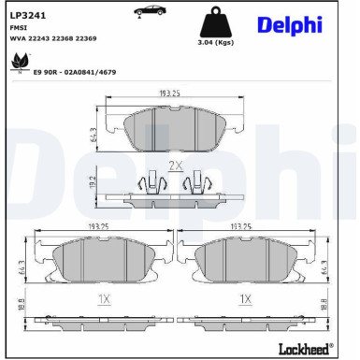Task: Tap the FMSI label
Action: click(17, 29)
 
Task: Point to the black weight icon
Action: click(216, 23)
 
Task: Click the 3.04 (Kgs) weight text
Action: click(216, 43)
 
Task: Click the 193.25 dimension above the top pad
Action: click(169, 94)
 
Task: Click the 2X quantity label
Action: click(173, 165)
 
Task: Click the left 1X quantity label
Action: click(104, 298)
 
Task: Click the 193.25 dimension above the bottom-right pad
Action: click(244, 226)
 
